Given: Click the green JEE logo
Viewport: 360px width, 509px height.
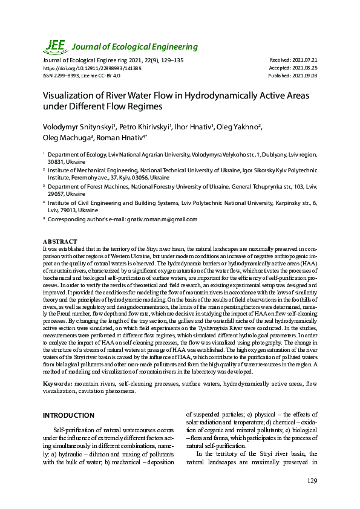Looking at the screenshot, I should [55, 46].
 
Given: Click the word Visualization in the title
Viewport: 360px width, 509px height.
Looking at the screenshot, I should [70, 96].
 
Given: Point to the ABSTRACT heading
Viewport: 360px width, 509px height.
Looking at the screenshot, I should [60, 241].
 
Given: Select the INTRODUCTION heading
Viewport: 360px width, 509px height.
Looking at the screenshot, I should [68, 415].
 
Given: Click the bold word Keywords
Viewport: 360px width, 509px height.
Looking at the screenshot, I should [61, 383].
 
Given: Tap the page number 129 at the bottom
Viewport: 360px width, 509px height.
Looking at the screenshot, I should [312, 481].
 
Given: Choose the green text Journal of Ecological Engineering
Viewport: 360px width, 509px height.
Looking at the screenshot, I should [135, 47].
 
